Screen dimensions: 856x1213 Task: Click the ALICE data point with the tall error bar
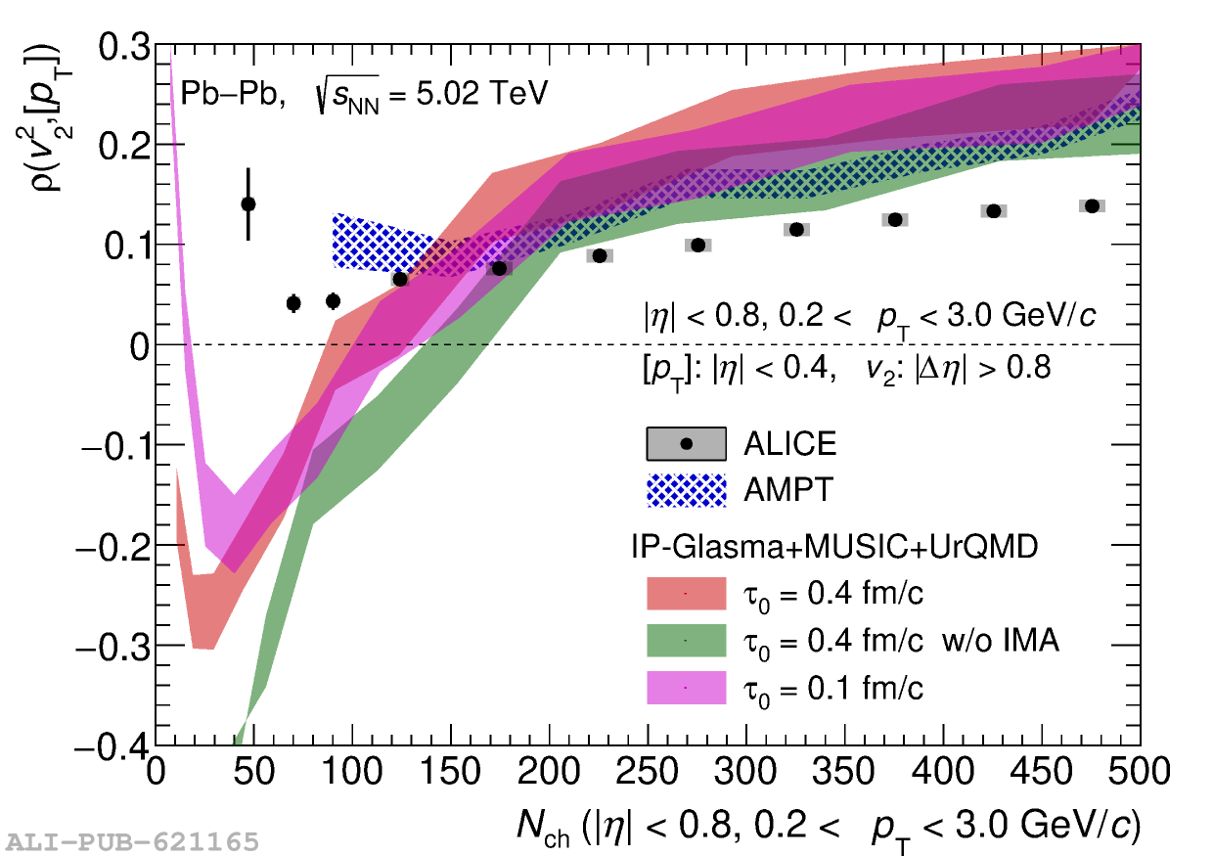[248, 203]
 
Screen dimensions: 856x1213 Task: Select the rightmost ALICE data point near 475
[1092, 205]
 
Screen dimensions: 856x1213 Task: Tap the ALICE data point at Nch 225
[600, 255]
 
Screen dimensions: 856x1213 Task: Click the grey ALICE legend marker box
[686, 444]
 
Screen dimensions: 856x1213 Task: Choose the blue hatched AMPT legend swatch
[686, 490]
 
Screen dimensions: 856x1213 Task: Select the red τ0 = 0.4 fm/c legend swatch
[686, 593]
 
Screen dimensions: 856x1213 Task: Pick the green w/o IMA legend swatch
[686, 640]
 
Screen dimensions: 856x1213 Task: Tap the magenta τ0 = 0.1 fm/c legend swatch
[686, 688]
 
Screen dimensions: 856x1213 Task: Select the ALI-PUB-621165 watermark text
[133, 841]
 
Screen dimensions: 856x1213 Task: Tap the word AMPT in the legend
[788, 490]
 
